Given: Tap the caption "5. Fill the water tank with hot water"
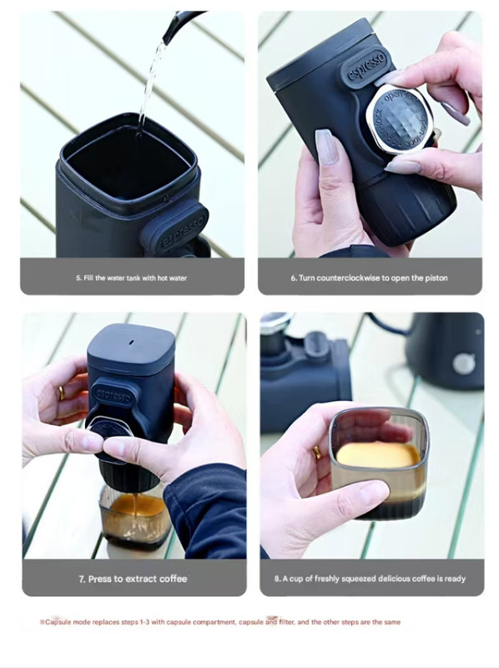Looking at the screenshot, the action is point(132,278).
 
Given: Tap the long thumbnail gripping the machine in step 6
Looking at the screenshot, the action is point(326,147).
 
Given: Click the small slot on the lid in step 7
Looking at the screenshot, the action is point(132,342).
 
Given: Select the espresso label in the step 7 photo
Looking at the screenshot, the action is point(113,395).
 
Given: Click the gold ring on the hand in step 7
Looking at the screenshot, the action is point(62,392).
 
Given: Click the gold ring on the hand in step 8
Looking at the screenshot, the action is point(317,452).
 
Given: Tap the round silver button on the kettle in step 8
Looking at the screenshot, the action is point(464,363).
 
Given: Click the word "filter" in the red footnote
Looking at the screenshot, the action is point(287,622).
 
